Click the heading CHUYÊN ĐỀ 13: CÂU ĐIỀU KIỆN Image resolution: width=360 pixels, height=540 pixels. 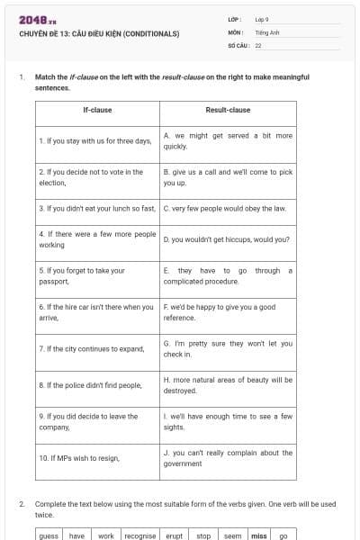tap(99, 33)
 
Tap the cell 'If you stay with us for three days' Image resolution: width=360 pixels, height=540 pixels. tap(96, 140)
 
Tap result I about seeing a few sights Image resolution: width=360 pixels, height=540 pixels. tap(228, 421)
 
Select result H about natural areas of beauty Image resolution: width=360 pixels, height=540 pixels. tap(228, 384)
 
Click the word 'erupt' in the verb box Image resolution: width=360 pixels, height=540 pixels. tap(174, 535)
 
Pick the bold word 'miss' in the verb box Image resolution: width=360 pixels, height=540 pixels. tap(259, 535)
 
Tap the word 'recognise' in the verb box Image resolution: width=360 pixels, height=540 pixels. tap(139, 535)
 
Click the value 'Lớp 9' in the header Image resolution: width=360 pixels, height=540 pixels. tap(262, 19)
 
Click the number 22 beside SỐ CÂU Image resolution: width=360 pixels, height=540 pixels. tap(258, 44)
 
